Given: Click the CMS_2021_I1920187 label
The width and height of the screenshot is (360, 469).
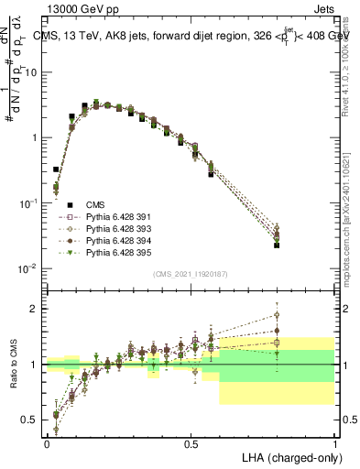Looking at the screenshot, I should (190, 274).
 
